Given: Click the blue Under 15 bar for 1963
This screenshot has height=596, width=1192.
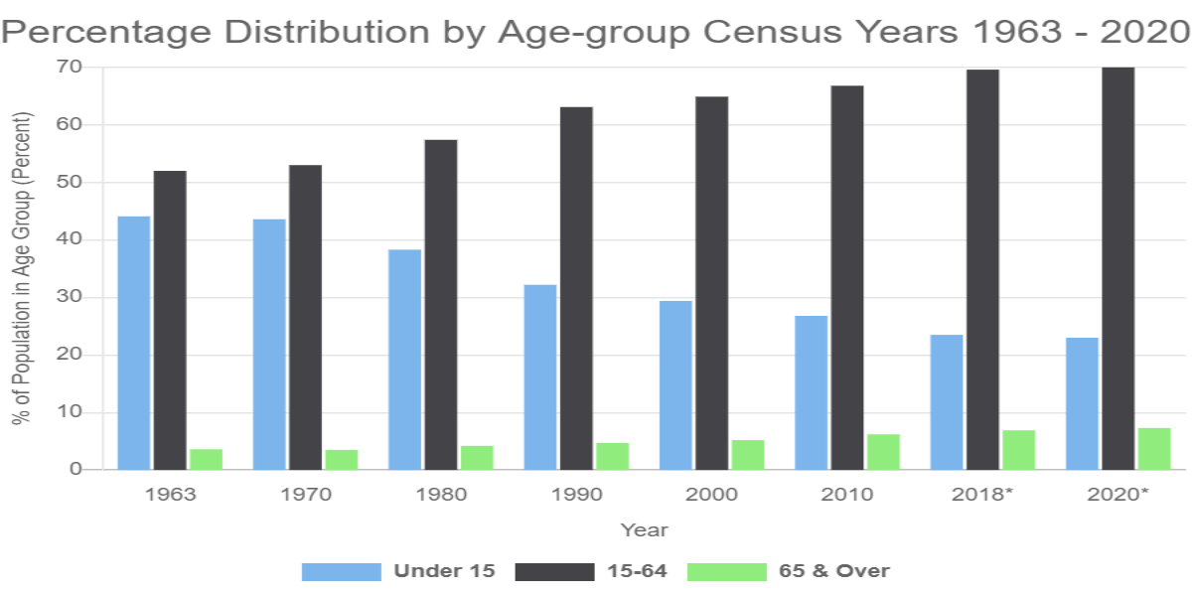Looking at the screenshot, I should [x=134, y=343].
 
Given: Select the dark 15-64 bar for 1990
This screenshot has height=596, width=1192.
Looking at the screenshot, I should [x=576, y=288].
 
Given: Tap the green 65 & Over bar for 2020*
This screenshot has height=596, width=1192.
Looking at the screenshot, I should [x=1154, y=449].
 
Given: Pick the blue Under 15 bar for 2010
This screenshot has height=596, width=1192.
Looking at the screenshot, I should [x=811, y=392].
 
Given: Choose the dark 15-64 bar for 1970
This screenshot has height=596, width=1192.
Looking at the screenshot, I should [x=305, y=317].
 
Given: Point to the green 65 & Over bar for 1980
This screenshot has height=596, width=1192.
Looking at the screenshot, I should [x=477, y=458].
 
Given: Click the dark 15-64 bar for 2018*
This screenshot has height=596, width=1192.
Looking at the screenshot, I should [x=982, y=269].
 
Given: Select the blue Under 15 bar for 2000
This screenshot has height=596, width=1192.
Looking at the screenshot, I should [x=675, y=385].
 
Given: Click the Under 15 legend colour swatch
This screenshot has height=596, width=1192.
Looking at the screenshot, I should [x=341, y=571].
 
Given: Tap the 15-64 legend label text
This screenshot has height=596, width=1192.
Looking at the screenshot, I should [x=636, y=571].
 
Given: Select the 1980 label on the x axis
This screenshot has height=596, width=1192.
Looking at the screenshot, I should [x=440, y=495].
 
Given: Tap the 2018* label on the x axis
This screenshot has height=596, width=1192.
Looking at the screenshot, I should [x=982, y=495].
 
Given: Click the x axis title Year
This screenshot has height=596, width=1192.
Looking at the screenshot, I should [x=644, y=530].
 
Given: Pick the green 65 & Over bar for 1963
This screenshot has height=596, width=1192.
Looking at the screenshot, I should [x=207, y=459].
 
